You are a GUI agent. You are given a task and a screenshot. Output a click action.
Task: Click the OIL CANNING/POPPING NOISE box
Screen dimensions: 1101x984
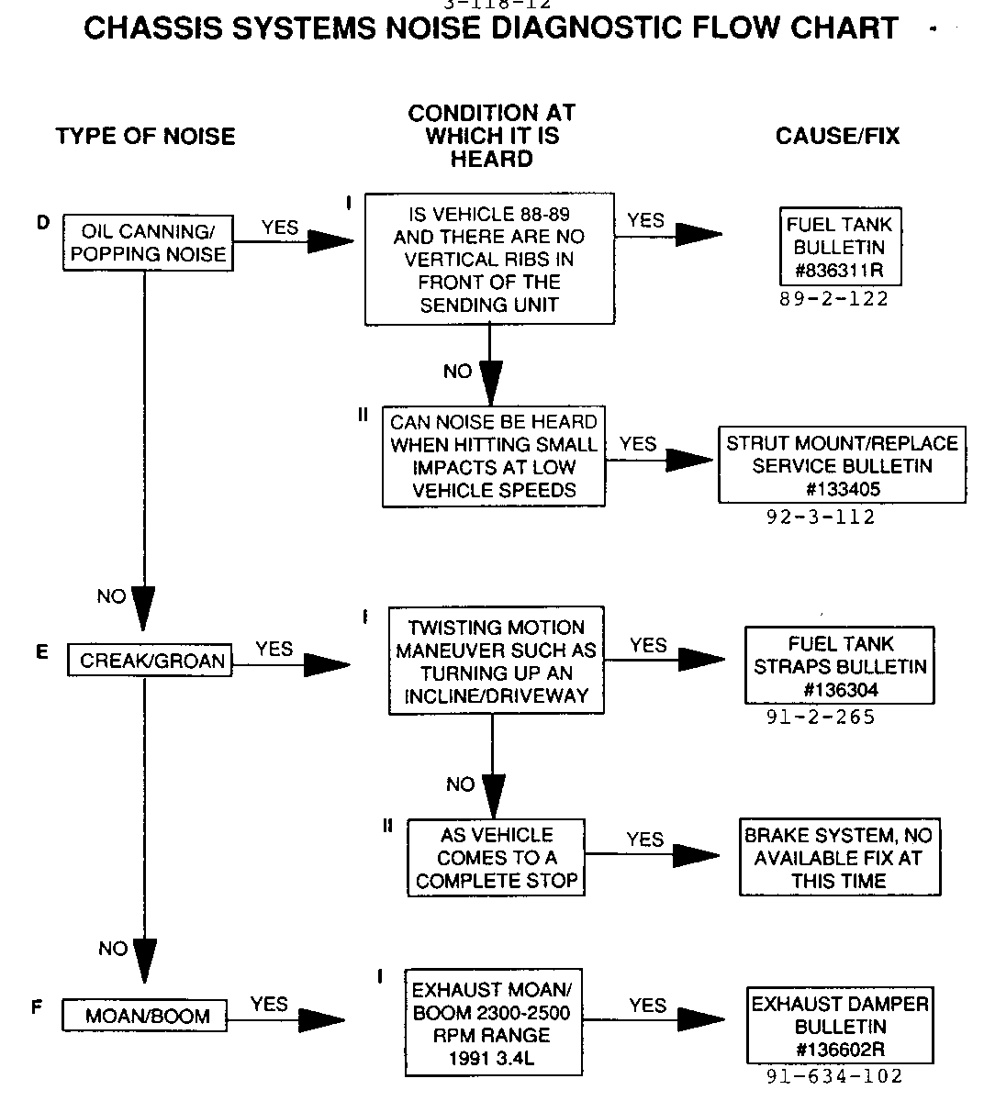pos(147,243)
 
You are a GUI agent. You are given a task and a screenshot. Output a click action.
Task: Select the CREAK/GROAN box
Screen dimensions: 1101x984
pos(151,661)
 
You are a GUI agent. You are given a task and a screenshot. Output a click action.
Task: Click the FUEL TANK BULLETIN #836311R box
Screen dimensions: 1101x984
pos(839,248)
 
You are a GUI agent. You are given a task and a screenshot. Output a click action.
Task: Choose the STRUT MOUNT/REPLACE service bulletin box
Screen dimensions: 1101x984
pos(842,465)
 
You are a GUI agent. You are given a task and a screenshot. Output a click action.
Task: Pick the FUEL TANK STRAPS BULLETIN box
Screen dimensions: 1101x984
pos(840,666)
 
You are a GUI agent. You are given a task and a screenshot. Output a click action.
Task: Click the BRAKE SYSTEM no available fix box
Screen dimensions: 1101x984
pos(839,858)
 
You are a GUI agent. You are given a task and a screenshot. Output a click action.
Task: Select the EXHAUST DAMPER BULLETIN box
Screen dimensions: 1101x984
pos(840,1027)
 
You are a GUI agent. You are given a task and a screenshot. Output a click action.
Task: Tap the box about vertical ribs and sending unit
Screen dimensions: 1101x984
pos(489,260)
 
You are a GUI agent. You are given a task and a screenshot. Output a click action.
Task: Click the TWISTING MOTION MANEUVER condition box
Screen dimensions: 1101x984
pos(496,661)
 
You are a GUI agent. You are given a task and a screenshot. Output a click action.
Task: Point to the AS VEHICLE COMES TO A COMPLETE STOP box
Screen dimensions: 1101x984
pos(496,858)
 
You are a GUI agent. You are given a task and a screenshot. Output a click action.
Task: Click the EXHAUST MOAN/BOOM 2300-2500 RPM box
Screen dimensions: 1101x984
pos(493,1024)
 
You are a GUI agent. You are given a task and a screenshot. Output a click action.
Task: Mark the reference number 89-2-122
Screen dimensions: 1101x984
pos(833,299)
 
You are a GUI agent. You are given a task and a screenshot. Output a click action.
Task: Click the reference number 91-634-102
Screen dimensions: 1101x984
pos(833,1077)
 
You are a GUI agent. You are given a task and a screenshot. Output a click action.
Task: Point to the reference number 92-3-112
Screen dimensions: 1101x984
pos(821,517)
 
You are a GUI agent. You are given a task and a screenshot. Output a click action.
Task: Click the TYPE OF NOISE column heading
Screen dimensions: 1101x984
pos(145,137)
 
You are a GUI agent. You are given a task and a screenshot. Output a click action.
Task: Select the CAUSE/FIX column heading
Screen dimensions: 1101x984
pos(837,137)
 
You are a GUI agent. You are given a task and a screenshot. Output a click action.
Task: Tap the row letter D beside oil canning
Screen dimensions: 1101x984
pos(42,222)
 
